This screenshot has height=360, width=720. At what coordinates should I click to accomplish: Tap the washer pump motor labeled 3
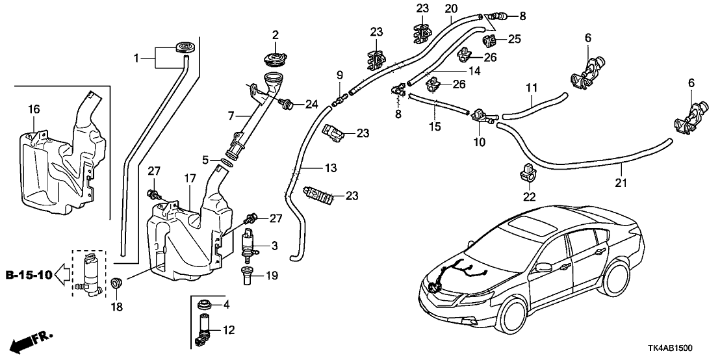pos(250,245)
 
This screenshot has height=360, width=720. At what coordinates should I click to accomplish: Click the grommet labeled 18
pos(117,283)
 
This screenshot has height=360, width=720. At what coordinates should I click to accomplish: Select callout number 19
pos(272,276)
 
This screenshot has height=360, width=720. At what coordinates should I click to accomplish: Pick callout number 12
pos(227,330)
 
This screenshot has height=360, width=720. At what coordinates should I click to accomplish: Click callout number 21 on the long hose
pos(622,184)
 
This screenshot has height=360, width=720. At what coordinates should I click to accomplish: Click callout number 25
pos(514,40)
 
